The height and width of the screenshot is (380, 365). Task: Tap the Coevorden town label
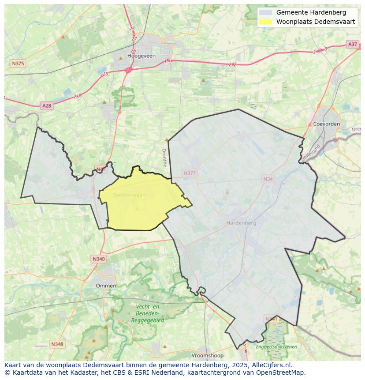click(326, 124)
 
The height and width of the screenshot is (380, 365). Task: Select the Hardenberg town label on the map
click(241, 223)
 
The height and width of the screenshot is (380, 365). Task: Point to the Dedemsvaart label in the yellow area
click(130, 195)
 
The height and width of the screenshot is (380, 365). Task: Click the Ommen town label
click(106, 286)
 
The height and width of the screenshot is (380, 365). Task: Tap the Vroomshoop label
click(208, 355)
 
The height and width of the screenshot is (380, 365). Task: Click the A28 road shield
click(46, 105)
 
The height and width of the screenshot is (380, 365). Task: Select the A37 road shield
click(352, 44)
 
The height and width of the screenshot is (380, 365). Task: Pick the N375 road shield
click(18, 64)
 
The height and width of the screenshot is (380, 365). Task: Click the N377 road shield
click(190, 173)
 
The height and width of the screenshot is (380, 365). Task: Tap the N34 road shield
click(268, 179)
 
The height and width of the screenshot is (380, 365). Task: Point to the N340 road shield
click(99, 259)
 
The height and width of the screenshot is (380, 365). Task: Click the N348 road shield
click(57, 344)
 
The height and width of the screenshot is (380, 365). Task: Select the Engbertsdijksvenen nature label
click(276, 346)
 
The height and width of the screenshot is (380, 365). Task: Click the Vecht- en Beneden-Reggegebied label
click(147, 313)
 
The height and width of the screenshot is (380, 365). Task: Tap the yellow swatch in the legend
click(265, 22)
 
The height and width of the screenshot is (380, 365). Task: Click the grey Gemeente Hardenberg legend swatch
click(265, 12)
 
